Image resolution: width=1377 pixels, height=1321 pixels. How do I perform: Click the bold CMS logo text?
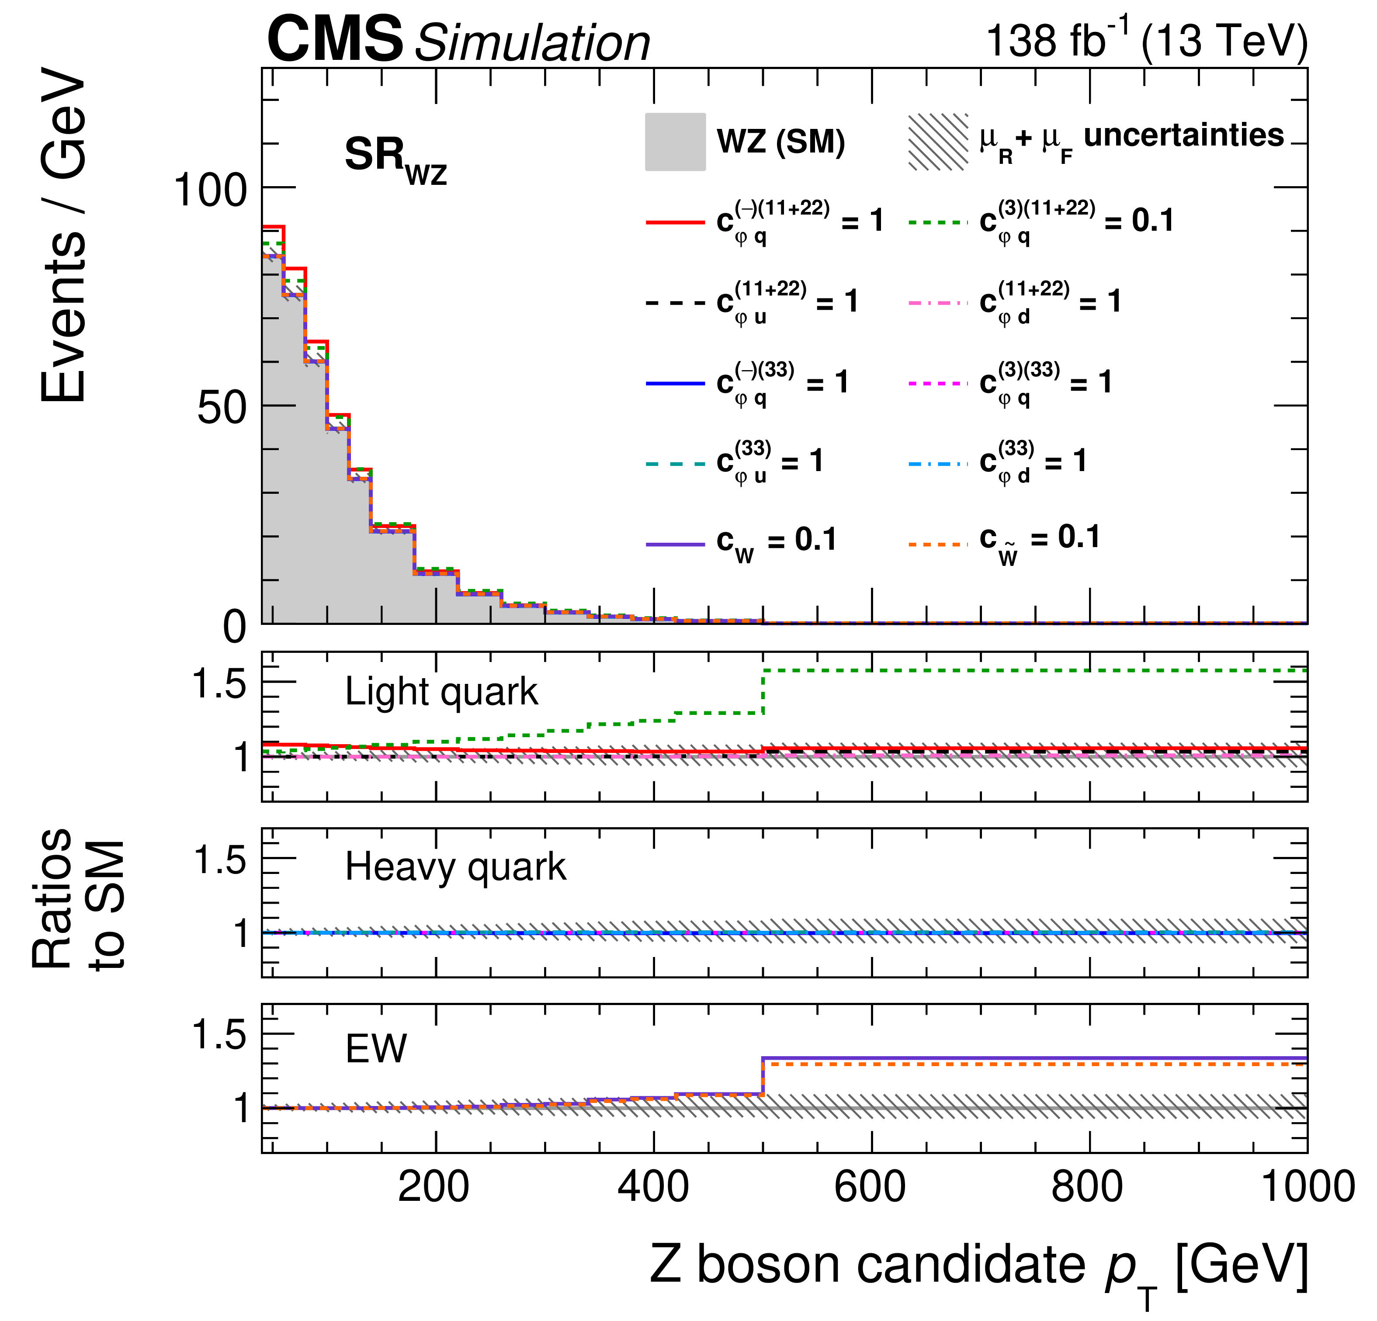335,40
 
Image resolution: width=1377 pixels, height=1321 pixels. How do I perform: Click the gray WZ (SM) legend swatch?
675,142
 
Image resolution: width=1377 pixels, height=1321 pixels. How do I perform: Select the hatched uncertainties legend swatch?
938,142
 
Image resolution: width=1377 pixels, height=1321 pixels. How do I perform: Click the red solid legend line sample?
675,222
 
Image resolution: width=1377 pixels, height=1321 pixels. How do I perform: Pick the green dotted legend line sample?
938,222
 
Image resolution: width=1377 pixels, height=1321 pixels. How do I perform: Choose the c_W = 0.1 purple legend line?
675,544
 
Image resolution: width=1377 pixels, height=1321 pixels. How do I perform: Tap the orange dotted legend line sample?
938,544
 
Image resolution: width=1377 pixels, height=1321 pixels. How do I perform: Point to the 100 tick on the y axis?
210,190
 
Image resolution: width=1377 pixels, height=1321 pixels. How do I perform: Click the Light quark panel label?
441,692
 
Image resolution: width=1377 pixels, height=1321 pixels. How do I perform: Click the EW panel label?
376,1049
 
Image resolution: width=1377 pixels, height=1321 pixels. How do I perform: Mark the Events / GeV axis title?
63,236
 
